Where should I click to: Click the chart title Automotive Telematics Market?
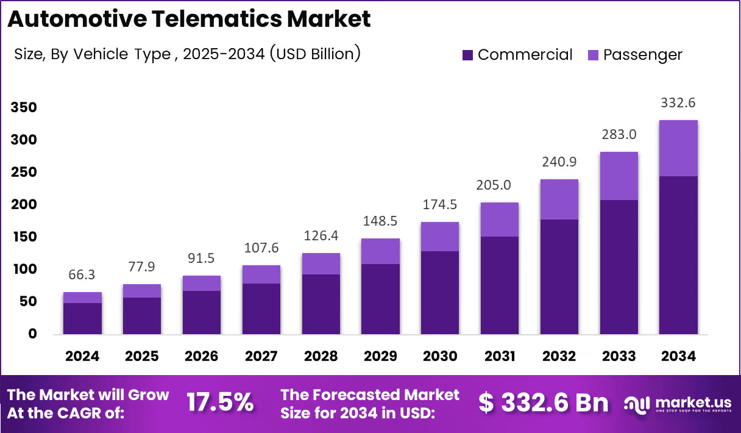189,19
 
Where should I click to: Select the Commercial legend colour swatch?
467,55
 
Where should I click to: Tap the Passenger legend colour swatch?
593,55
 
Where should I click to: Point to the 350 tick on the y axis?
24,108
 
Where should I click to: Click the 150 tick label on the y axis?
24,237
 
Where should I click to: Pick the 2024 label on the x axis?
82,356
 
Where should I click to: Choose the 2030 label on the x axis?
441,356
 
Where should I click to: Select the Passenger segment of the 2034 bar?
678,148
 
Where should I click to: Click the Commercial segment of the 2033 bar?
619,267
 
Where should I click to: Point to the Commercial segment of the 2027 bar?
261,309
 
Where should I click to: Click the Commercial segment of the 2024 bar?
82,318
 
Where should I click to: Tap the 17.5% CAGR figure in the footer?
219,403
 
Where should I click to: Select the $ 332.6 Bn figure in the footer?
543,403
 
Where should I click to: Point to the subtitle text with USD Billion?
187,54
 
